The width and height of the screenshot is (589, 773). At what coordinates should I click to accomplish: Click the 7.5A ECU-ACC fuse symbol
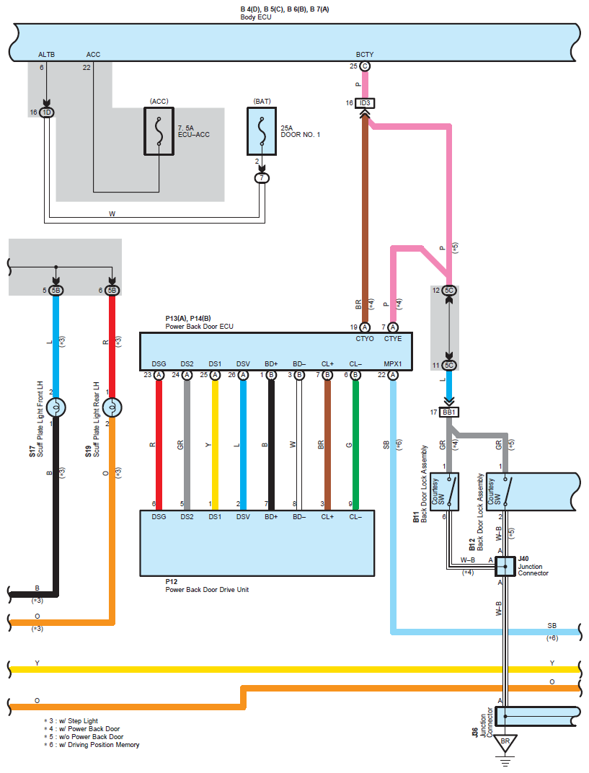coord(159,131)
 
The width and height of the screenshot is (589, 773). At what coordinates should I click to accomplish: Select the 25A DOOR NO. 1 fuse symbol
coord(263,131)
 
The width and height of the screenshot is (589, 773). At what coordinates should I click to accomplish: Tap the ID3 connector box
coord(365,103)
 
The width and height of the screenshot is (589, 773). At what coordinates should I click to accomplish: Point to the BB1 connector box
coord(450,412)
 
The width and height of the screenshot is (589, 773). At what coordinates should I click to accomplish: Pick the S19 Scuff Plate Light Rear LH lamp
coord(112,408)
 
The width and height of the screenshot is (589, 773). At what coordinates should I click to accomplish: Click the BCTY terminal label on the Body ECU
coord(365,55)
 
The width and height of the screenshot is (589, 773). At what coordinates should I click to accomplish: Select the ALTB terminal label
coord(46,55)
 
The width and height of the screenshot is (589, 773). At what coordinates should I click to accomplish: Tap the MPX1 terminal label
coord(393,363)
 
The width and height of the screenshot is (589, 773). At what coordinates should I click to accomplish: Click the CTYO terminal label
coord(365,339)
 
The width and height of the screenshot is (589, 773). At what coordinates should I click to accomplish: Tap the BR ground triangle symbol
coord(505,742)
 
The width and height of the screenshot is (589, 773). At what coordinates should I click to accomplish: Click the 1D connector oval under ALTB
coord(47,112)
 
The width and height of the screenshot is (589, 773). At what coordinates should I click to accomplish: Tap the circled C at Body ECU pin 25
coord(365,66)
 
